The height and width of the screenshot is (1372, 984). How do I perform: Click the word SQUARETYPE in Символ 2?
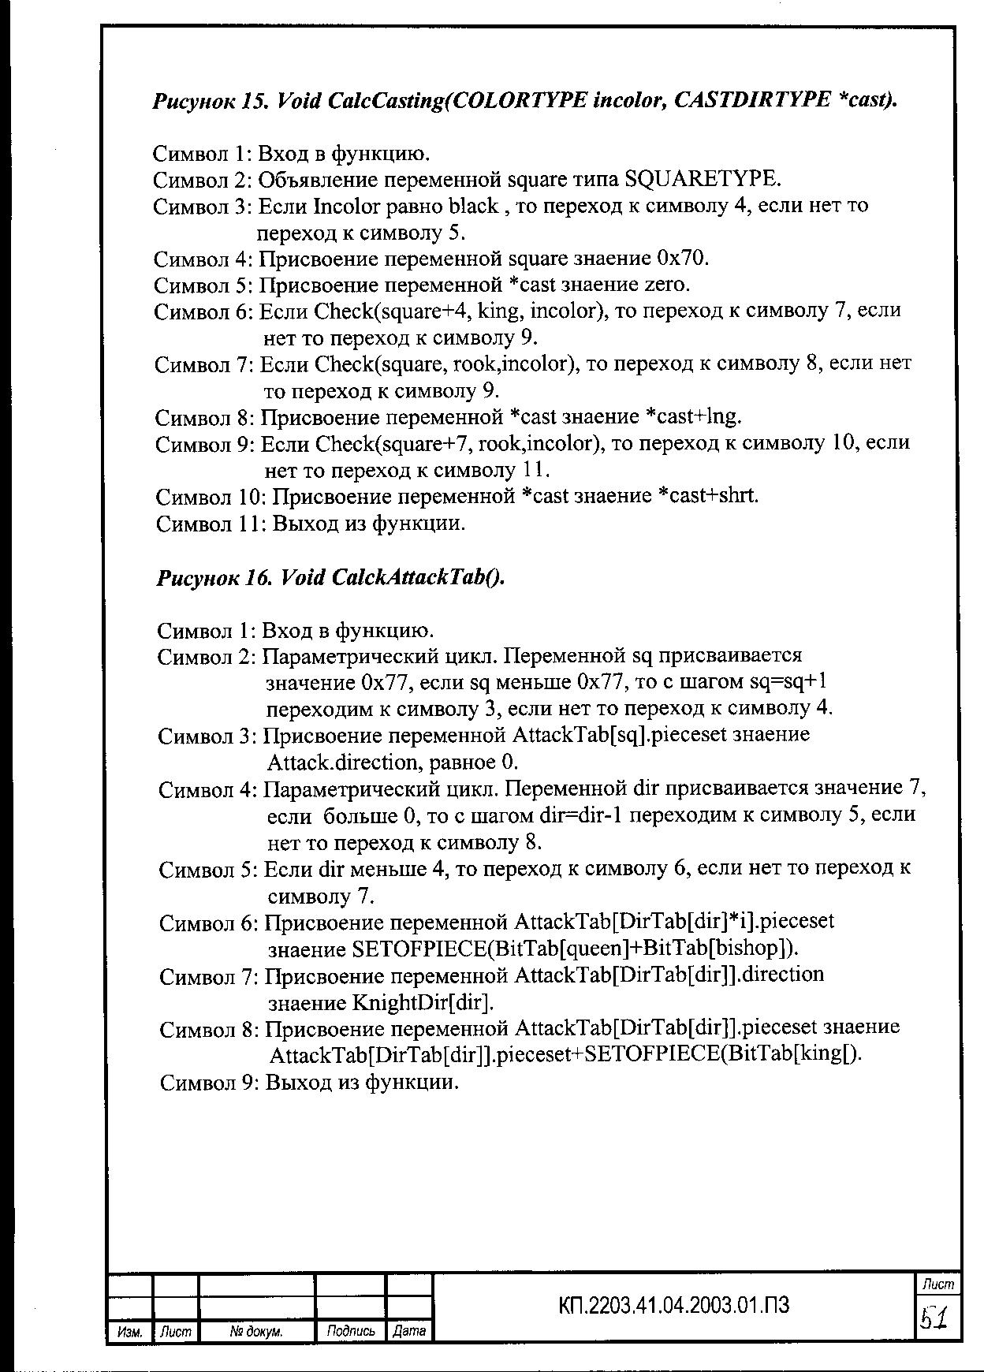pyautogui.click(x=701, y=180)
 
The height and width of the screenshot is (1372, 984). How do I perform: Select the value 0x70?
pyautogui.click(x=683, y=259)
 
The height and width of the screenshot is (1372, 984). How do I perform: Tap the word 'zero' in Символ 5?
pyautogui.click(x=667, y=285)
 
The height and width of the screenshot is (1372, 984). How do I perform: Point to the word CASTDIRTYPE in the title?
pyautogui.click(x=752, y=100)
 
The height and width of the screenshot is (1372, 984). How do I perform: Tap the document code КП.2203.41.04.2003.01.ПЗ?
pyautogui.click(x=673, y=1306)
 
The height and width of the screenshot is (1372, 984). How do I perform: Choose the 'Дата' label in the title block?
pyautogui.click(x=409, y=1332)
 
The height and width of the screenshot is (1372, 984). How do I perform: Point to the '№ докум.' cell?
pyautogui.click(x=256, y=1332)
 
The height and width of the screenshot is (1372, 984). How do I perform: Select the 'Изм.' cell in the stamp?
pyautogui.click(x=129, y=1332)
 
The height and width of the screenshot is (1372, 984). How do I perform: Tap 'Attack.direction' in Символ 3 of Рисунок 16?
pyautogui.click(x=342, y=762)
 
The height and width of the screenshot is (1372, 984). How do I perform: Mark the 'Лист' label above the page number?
pyautogui.click(x=937, y=1284)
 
